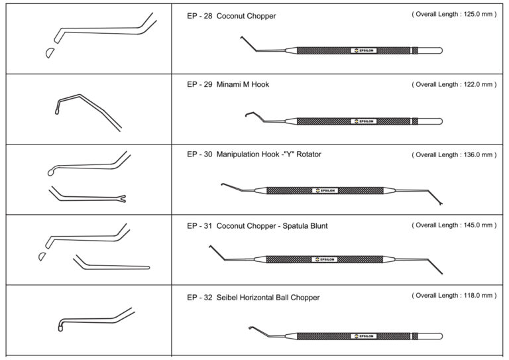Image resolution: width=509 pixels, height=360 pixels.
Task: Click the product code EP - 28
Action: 199,16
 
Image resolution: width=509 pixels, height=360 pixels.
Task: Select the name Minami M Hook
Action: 243,85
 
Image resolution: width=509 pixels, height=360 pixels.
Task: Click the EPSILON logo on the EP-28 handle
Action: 363,50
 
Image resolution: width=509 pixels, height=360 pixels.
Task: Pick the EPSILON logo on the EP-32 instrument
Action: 363,336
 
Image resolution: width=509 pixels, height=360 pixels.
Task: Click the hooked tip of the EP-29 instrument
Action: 248,115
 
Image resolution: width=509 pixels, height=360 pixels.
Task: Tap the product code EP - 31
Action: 199,226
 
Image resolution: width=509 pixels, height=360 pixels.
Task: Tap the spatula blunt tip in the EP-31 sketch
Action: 146,267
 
